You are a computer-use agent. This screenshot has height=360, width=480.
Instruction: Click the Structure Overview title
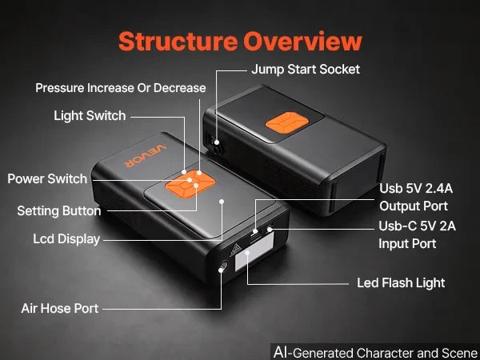[x=240, y=42]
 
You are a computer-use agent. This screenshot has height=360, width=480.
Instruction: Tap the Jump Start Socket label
[x=306, y=70]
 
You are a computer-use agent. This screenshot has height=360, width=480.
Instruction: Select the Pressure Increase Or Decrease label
[x=121, y=88]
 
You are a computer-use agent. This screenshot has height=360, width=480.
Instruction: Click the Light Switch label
[x=90, y=116]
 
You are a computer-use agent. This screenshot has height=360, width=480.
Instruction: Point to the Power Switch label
[x=47, y=178]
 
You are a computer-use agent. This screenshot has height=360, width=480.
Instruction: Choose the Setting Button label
[x=59, y=211]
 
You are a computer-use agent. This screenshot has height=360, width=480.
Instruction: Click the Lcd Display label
[x=66, y=239]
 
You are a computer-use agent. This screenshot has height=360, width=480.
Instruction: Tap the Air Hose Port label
[x=60, y=308]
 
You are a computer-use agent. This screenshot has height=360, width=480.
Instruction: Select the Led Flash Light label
[x=401, y=283]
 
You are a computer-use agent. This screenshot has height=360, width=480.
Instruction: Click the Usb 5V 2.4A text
[x=416, y=188]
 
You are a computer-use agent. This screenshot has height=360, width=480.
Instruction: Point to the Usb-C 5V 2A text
[x=417, y=226]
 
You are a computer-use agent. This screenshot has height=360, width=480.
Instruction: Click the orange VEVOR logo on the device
[x=146, y=156]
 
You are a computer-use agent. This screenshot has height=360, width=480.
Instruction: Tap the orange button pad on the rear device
[x=287, y=122]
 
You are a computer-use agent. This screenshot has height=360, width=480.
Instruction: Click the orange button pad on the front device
[x=190, y=184]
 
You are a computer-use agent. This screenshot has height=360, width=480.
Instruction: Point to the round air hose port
[x=223, y=266]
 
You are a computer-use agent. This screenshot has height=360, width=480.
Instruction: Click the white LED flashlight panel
[x=254, y=251]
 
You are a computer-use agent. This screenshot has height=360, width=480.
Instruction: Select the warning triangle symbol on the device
[x=235, y=250]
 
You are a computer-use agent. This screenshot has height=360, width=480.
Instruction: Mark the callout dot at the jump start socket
[x=217, y=142]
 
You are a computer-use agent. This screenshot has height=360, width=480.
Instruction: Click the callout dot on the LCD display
[x=222, y=202]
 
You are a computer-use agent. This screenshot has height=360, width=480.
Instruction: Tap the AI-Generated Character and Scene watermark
[x=375, y=352]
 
